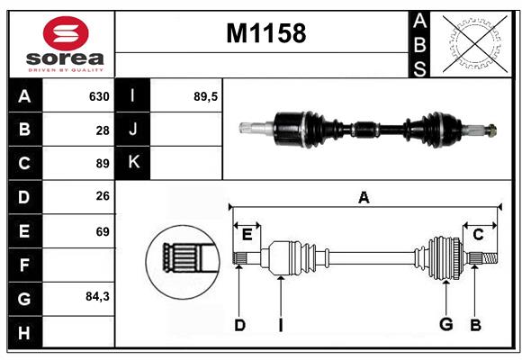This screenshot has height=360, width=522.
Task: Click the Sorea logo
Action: pyautogui.click(x=61, y=45)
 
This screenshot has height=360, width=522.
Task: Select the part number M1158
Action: pyautogui.click(x=265, y=33)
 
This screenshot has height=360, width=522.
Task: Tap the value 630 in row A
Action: pyautogui.click(x=98, y=96)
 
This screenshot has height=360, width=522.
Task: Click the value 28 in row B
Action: pyautogui.click(x=102, y=130)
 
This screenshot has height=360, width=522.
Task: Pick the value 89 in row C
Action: pyautogui.click(x=102, y=164)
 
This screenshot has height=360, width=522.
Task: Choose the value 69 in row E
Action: pyautogui.click(x=102, y=231)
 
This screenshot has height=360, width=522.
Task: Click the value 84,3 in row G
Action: pyautogui.click(x=96, y=296)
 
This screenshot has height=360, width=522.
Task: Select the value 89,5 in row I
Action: pyautogui.click(x=206, y=96)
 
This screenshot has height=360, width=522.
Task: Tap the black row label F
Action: pyautogui.click(x=24, y=265)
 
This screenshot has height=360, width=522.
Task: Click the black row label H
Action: pyautogui.click(x=24, y=332)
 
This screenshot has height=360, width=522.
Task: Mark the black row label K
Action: pyautogui.click(x=134, y=163)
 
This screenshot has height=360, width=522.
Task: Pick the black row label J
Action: pyautogui.click(x=134, y=130)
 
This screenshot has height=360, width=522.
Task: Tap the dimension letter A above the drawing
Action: pyautogui.click(x=364, y=197)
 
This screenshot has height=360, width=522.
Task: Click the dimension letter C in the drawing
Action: pyautogui.click(x=479, y=234)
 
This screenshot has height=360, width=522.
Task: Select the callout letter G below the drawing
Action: pyautogui.click(x=445, y=325)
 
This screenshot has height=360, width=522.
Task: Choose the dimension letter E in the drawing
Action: pyautogui.click(x=247, y=234)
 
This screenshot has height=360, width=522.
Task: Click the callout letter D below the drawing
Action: pyautogui.click(x=239, y=325)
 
